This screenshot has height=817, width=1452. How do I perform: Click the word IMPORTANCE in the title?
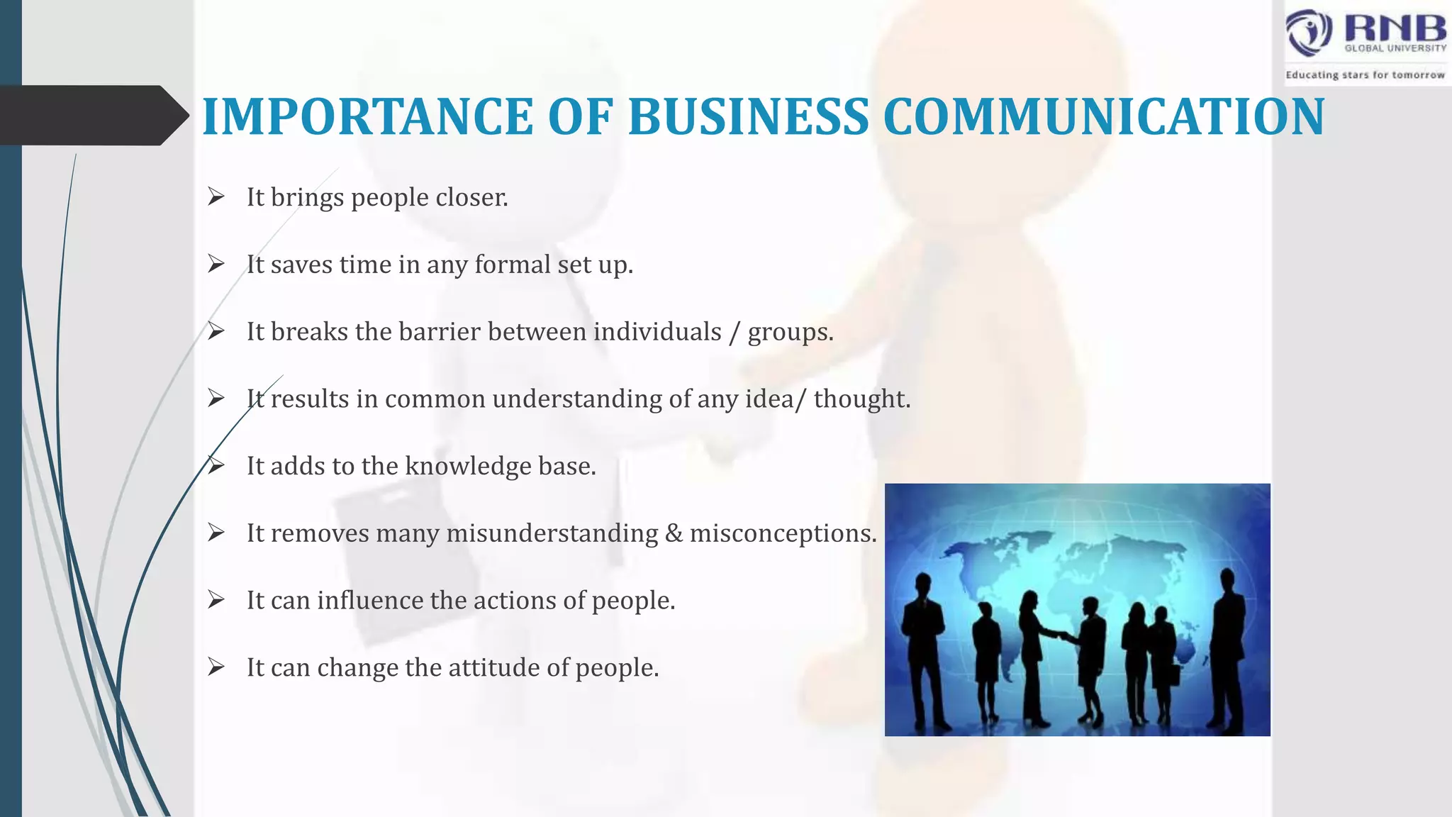click(x=367, y=116)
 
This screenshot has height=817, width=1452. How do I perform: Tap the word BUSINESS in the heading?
click(x=748, y=116)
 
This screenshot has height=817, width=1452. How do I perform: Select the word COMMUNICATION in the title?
click(x=1103, y=116)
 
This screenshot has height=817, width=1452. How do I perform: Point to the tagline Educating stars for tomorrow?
click(x=1365, y=75)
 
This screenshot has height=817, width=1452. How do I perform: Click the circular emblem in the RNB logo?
click(x=1309, y=33)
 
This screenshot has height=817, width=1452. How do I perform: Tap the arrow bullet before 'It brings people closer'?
click(x=216, y=197)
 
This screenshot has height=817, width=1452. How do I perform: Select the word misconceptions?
click(x=783, y=533)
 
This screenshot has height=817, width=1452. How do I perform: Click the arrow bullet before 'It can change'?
click(x=216, y=667)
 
